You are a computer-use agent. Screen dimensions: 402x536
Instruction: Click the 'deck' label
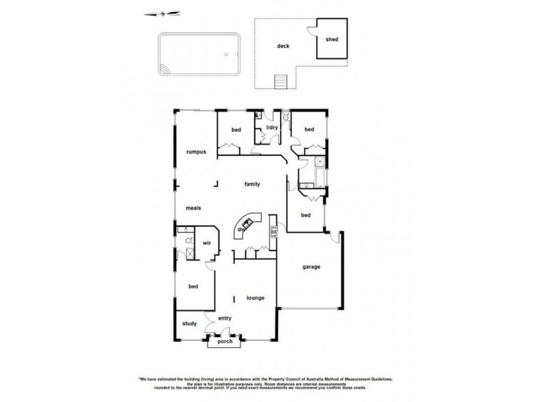[x=283, y=47]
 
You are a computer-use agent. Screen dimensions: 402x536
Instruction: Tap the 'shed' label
[x=332, y=40]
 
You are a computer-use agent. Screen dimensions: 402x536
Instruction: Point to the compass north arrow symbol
[x=163, y=13]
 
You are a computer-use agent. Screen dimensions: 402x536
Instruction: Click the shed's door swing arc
[x=312, y=28]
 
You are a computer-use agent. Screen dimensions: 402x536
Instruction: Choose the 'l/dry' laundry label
[x=272, y=127]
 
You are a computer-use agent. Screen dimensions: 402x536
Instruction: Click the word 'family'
[x=252, y=184]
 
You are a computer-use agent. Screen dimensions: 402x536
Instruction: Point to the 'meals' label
[x=194, y=208]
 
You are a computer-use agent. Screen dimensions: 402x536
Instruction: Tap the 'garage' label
[x=311, y=266]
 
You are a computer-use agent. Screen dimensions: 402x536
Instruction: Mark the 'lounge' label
[x=255, y=297]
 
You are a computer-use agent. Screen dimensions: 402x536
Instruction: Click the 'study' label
[x=190, y=324]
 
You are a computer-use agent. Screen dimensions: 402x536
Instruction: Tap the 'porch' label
[x=224, y=342]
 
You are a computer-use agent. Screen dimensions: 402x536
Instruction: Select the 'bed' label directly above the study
[x=194, y=287]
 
